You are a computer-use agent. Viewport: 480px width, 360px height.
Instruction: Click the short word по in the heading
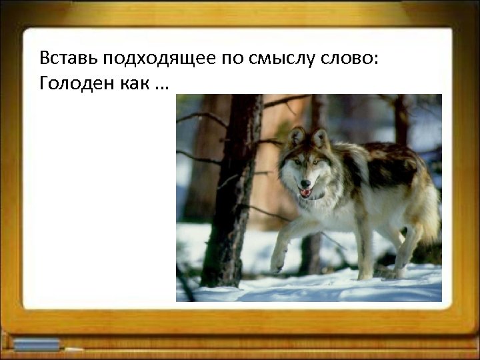tap(225, 59)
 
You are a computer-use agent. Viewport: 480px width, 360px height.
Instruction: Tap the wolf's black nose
tap(305, 183)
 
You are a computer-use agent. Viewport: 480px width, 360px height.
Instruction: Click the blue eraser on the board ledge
tap(37, 345)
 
